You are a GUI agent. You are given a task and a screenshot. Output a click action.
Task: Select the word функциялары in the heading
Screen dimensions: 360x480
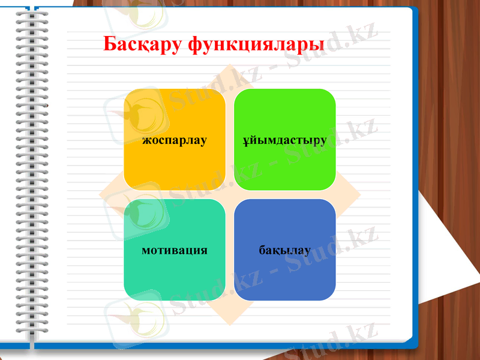256,44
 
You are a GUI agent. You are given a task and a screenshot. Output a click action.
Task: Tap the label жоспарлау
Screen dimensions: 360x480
175,140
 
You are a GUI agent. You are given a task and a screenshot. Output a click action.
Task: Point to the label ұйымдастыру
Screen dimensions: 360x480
285,140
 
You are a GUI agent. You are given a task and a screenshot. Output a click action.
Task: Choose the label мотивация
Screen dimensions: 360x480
175,250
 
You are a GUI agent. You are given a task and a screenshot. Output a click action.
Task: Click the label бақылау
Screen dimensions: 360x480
285,250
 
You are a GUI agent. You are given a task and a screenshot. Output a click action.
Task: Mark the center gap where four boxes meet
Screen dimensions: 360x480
230,195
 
